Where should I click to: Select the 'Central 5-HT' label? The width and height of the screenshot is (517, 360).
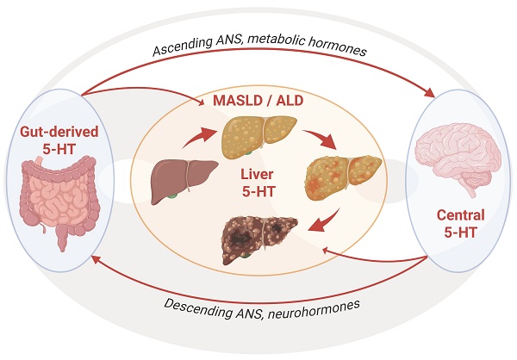coord(456,223)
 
